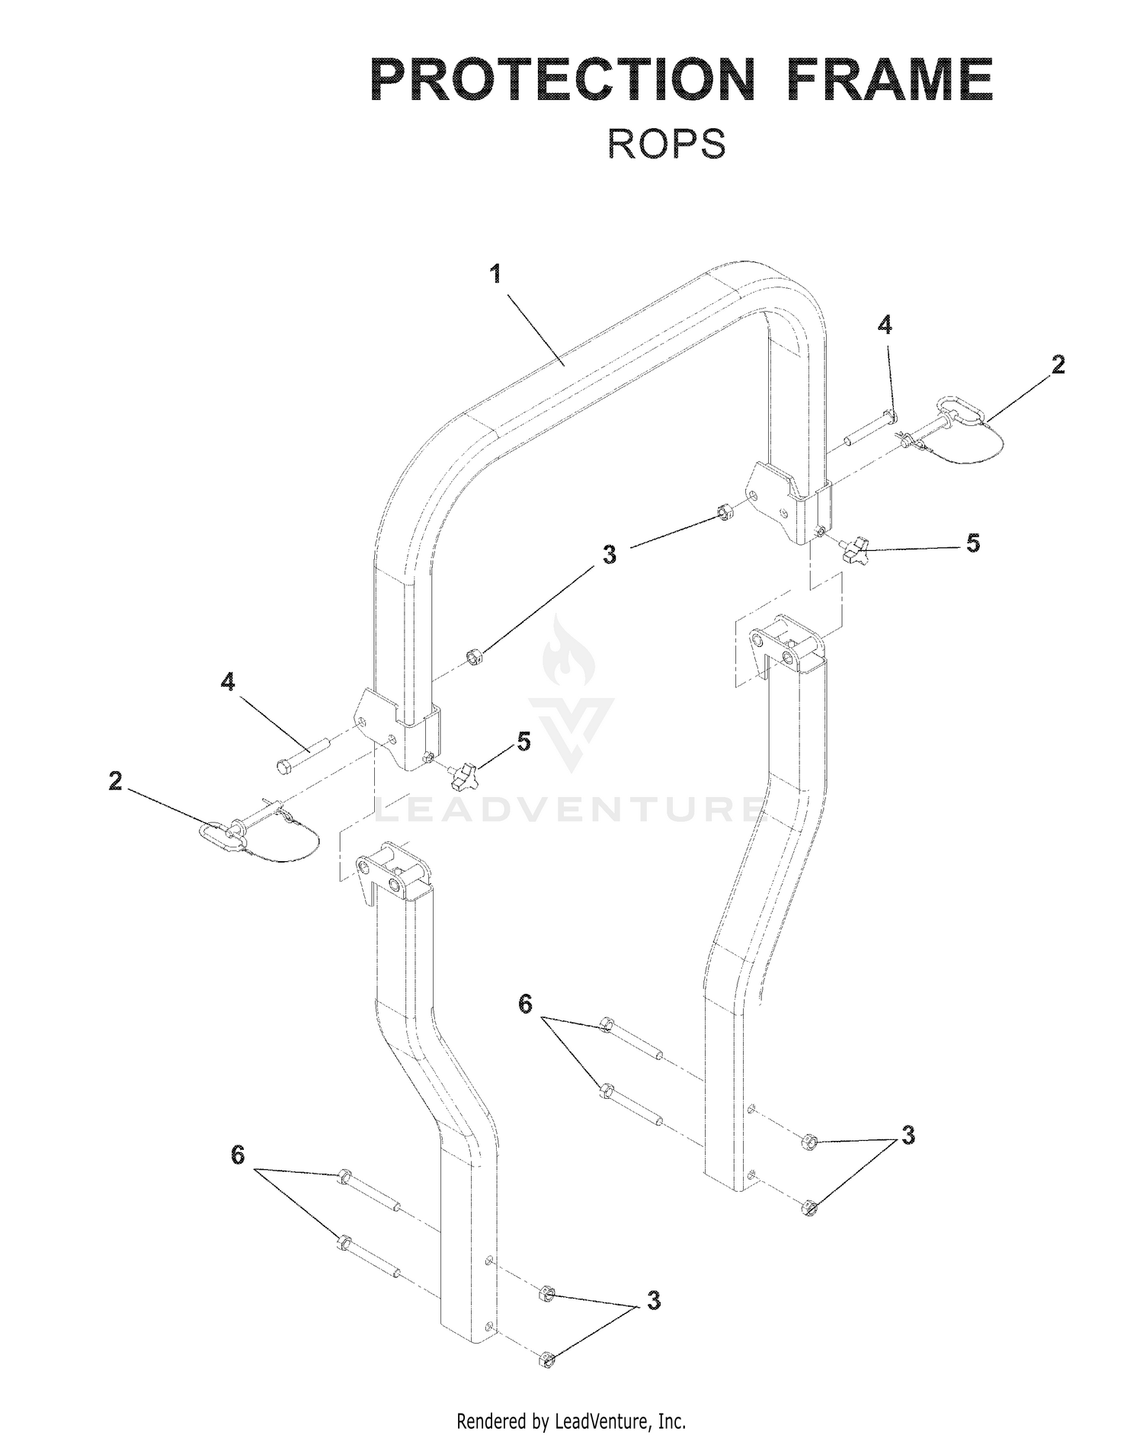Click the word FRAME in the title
click(891, 80)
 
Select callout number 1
click(496, 274)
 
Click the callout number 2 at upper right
click(1057, 365)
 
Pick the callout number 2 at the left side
click(115, 781)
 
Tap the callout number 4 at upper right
click(884, 325)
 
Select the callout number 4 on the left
click(228, 682)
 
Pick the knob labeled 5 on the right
click(855, 549)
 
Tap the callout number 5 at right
click(972, 543)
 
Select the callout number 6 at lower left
click(238, 1156)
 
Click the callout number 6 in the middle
click(525, 1004)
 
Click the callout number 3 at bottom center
click(653, 1300)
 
